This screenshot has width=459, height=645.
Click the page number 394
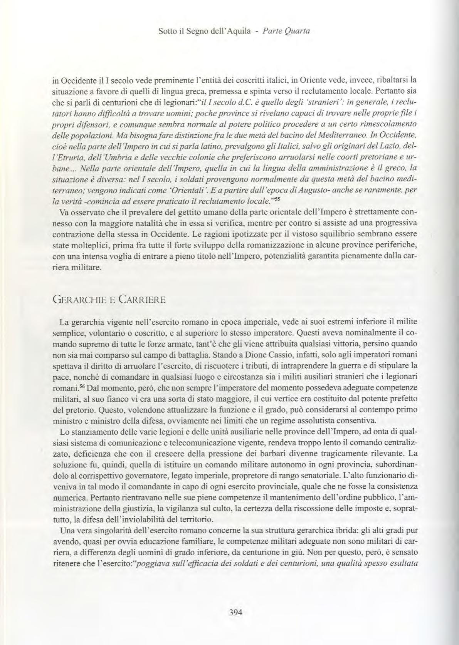[x=235, y=613]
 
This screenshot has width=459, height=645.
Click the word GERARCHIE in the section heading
[x=77, y=299]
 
